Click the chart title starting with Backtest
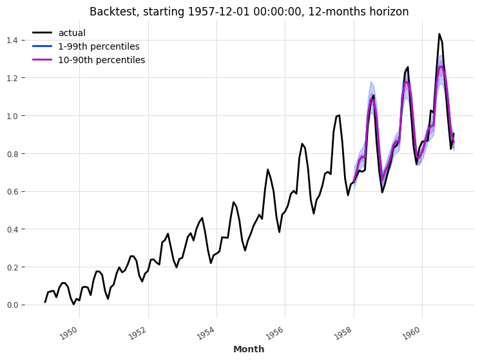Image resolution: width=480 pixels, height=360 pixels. coord(249,12)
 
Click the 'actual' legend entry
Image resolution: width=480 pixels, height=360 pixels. coord(72,33)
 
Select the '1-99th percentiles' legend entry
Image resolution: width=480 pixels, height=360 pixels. coord(99,46)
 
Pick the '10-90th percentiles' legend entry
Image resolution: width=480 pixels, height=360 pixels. coord(101,60)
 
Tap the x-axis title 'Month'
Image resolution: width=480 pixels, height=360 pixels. coord(249,349)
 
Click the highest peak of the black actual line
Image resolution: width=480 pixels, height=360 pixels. coord(439,34)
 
